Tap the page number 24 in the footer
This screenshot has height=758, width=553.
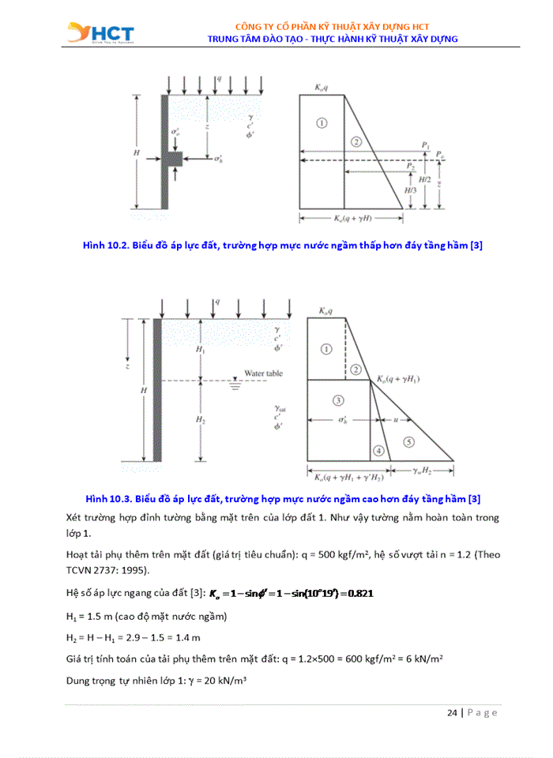click(451, 712)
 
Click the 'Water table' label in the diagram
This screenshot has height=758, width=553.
click(263, 373)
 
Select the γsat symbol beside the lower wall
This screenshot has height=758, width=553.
click(279, 409)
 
